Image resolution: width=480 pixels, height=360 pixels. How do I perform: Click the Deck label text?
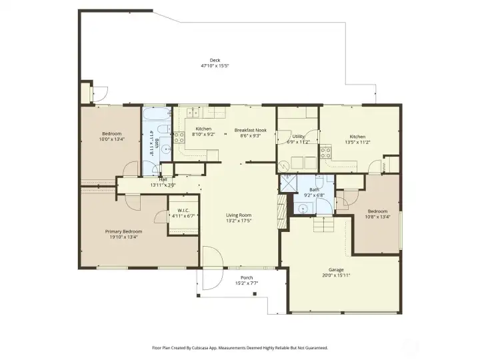(x=215, y=60)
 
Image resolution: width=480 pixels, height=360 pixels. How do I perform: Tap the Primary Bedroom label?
(x=123, y=231)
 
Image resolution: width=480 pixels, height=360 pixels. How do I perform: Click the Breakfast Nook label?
(x=249, y=129)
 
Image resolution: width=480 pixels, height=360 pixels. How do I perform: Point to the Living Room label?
(x=238, y=215)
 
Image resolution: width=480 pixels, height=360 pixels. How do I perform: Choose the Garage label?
(x=336, y=269)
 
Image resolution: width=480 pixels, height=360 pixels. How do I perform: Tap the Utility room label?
(x=298, y=136)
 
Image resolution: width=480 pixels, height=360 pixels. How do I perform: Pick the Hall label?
(x=163, y=179)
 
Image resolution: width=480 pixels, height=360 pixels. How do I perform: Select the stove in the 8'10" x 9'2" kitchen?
(x=179, y=138)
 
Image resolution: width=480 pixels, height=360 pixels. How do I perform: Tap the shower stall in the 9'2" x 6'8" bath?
(x=287, y=183)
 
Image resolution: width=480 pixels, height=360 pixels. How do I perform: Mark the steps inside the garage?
(x=323, y=226)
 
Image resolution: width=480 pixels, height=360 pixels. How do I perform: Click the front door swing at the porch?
(x=212, y=259)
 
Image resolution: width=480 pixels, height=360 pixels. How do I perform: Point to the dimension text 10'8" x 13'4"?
(x=377, y=216)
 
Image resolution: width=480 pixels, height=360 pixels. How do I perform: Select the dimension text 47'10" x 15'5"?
(x=215, y=66)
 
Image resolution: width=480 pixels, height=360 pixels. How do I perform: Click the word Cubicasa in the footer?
(x=210, y=347)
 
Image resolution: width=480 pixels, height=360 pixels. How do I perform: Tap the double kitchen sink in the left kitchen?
(x=191, y=111)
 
